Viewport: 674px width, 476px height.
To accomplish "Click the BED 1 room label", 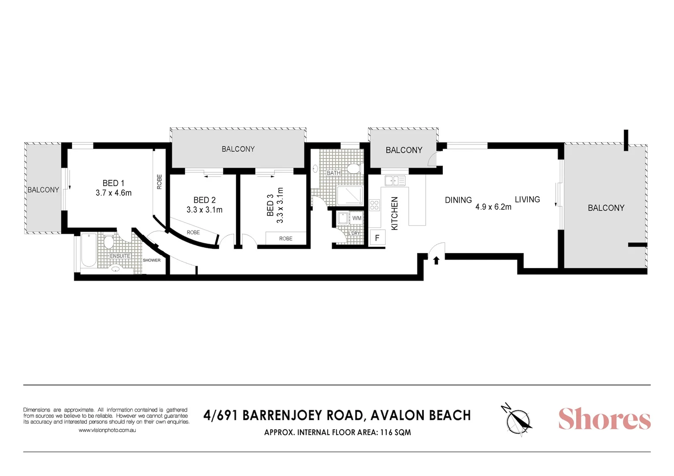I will (x=113, y=183).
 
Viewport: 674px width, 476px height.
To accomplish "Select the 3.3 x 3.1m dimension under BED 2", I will (x=204, y=210).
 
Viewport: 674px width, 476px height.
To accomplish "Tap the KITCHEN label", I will (x=395, y=213).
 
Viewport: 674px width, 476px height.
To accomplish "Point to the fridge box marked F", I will (x=377, y=238).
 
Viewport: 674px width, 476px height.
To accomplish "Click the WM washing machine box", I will (x=357, y=218).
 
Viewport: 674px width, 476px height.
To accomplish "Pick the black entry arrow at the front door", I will (x=436, y=260).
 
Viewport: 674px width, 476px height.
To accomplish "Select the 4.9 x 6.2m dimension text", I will (x=493, y=207).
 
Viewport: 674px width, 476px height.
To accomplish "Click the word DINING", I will (x=458, y=200).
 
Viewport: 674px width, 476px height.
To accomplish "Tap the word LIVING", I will (x=527, y=200).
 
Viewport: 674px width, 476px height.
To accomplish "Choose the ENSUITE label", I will (x=120, y=256).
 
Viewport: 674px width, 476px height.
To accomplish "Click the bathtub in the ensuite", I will (x=89, y=250).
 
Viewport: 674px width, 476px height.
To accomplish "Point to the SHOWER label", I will (x=152, y=260).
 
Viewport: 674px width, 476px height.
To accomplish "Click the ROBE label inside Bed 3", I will (x=286, y=239).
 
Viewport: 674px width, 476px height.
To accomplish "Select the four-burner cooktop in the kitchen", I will (x=374, y=205).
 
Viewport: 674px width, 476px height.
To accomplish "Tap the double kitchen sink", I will (x=395, y=181).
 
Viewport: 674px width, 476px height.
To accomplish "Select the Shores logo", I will (x=604, y=419).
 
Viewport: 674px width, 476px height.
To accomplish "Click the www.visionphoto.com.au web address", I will (x=107, y=430).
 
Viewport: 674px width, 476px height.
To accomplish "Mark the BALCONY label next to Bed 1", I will (x=43, y=190).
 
